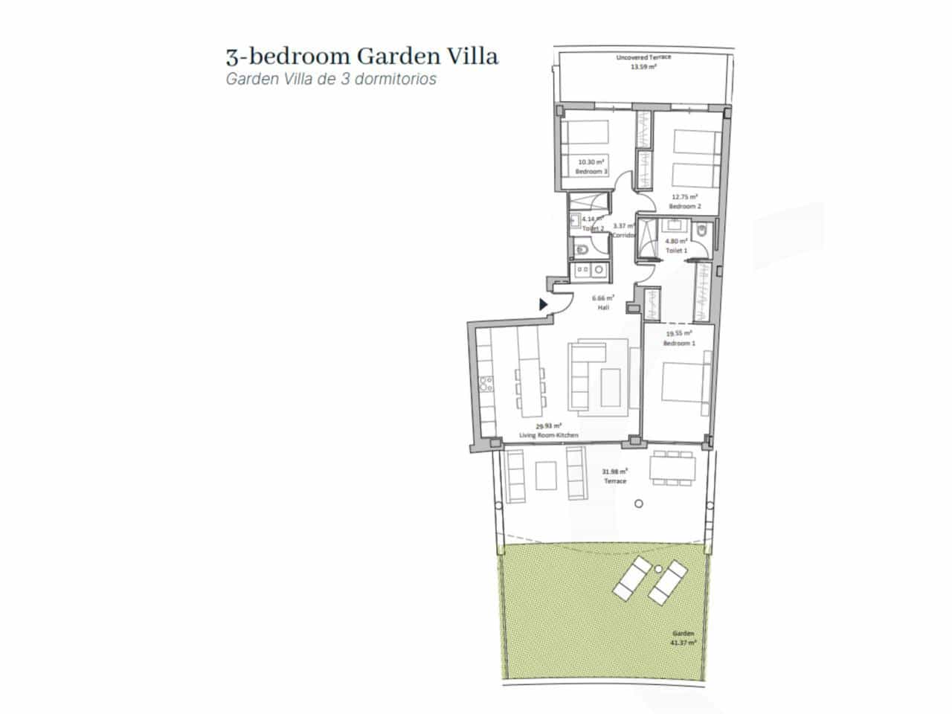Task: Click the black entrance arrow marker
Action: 544,303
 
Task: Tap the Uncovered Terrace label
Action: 643,57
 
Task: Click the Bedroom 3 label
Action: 591,172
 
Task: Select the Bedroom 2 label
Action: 685,206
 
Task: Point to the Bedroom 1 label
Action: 679,343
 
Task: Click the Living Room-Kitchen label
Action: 548,435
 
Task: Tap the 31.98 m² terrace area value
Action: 614,471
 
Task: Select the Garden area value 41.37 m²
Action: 683,642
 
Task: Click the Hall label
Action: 603,306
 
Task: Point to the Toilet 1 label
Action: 676,251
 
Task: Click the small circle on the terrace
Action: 638,504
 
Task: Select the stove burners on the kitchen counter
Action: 486,385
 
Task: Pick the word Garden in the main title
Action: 391,56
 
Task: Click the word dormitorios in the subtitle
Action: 398,79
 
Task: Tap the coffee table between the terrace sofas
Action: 545,477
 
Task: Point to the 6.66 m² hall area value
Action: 603,297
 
